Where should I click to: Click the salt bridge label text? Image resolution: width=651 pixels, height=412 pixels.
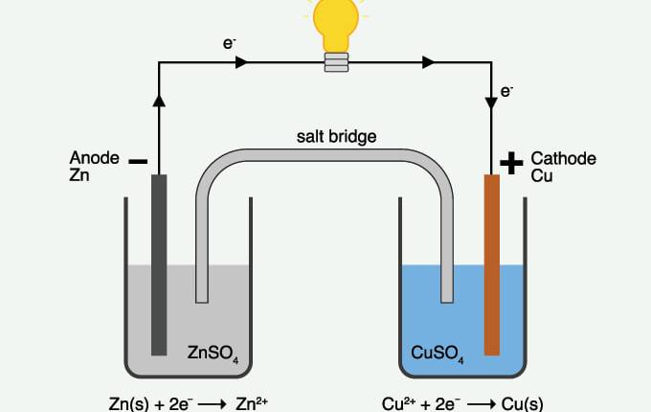336,137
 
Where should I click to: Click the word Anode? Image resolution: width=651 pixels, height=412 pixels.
94,157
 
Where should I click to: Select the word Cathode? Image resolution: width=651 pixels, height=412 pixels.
564,158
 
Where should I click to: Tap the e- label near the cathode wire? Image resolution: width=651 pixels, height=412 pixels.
507,92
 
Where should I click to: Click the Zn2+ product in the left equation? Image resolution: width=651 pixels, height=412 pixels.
253,402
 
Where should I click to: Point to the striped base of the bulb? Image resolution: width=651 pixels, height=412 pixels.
336,62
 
